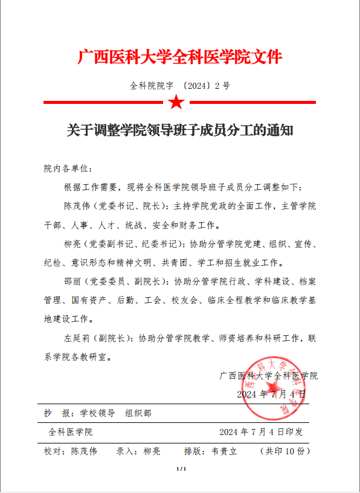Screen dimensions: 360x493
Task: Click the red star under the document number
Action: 176,102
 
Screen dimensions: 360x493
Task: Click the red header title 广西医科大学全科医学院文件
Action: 180,58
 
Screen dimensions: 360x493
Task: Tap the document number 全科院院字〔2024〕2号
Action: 180,86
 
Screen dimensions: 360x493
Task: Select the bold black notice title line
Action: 180,130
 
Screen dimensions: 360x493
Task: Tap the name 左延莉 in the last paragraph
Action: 77,338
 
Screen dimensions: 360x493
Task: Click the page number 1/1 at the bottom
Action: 180,469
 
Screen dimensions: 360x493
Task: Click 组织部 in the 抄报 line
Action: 138,414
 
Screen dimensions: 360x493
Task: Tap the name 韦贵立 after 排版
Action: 224,451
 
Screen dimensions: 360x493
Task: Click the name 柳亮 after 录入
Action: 152,451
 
